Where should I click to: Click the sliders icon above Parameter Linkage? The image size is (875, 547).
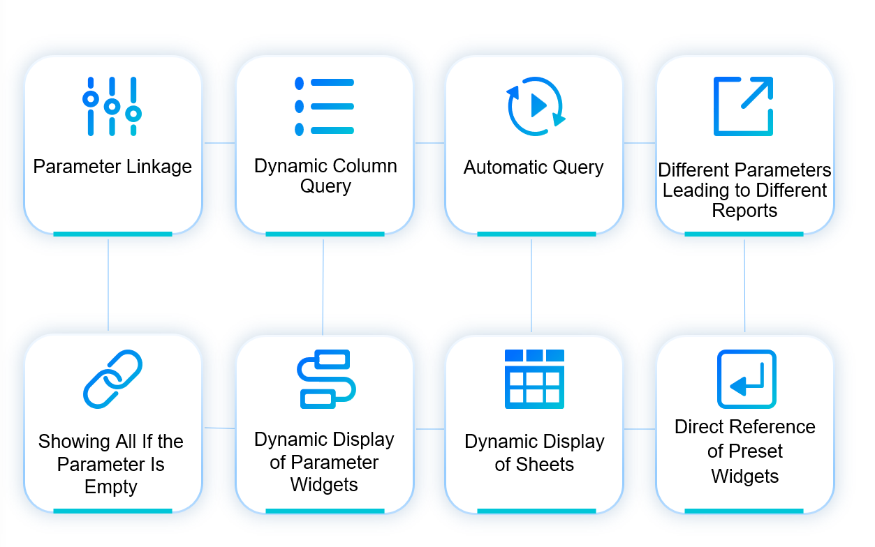[112, 106]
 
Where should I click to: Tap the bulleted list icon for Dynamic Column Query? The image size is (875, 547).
[324, 106]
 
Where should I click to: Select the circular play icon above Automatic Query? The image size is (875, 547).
[536, 106]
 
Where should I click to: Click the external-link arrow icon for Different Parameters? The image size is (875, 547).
[743, 106]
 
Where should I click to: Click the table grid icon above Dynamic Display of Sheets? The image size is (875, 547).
[534, 379]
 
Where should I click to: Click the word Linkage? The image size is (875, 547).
[159, 167]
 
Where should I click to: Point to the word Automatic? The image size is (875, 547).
[502, 167]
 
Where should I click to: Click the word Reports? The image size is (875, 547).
[744, 211]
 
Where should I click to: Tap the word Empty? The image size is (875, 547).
[111, 487]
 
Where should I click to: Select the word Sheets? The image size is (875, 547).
[534, 464]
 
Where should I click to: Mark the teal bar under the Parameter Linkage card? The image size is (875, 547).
[112, 234]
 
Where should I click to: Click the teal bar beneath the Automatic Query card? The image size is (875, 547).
[536, 234]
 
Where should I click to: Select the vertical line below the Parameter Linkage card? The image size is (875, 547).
[108, 285]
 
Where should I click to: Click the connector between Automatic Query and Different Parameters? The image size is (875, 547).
[640, 143]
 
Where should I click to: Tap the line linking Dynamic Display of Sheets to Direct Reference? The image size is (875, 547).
[640, 429]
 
